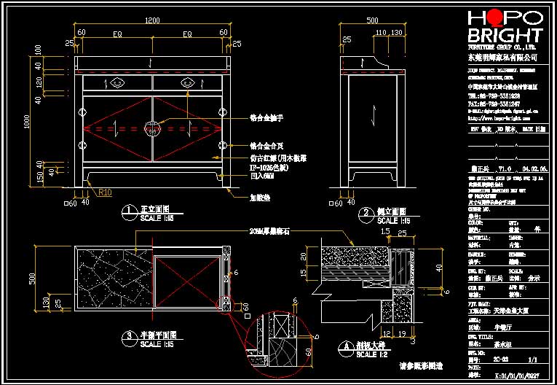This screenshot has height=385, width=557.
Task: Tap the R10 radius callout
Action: tap(106, 192)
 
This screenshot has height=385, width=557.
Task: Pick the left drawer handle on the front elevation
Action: tap(117, 83)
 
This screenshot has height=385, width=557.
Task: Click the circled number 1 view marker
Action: tap(128, 212)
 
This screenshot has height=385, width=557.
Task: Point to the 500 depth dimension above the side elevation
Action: tap(371, 20)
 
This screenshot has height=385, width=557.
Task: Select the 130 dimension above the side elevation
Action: tap(397, 33)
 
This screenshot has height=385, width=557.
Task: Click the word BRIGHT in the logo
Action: tap(505, 36)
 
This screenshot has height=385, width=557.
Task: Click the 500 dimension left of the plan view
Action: tap(31, 278)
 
